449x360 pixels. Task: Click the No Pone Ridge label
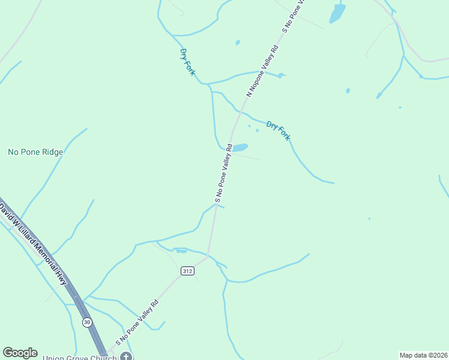point(35,152)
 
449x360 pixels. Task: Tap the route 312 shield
point(187,271)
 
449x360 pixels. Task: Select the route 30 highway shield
point(88,322)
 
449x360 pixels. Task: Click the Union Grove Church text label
point(80,358)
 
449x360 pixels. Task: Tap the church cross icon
point(125,356)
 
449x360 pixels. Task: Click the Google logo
point(20,353)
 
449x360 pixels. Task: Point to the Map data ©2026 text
point(423,355)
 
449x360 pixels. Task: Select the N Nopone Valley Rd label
point(263,70)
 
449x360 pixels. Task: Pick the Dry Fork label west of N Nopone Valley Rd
point(187,62)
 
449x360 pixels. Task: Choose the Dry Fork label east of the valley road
point(278,131)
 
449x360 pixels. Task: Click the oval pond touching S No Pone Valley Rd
point(240,148)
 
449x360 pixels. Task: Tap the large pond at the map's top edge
point(337,13)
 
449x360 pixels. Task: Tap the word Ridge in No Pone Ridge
point(52,152)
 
